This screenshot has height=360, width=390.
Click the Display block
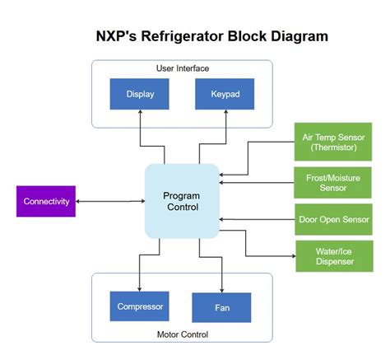(141, 94)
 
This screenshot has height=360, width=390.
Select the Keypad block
(225, 94)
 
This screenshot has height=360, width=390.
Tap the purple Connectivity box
(46, 202)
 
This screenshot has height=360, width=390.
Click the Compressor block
(139, 306)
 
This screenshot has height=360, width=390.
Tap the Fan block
(221, 307)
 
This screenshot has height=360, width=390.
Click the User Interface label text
(182, 68)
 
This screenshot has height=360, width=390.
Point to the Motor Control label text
(182, 334)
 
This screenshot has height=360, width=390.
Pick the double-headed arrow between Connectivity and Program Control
(110, 201)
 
